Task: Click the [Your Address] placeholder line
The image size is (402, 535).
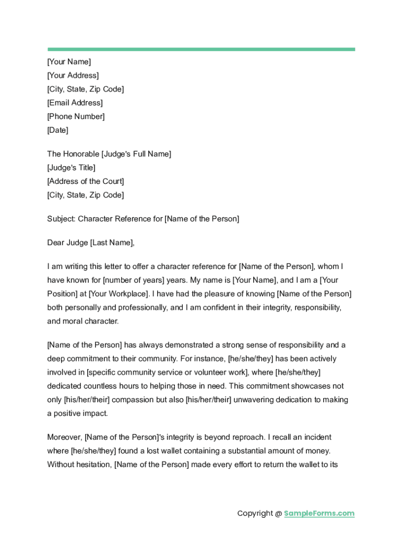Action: click(x=73, y=75)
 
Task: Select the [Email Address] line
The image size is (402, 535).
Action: click(x=75, y=102)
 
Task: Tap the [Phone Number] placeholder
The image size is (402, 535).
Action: click(x=76, y=116)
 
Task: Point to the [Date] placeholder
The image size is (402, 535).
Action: click(x=57, y=130)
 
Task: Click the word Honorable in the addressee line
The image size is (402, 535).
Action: click(x=81, y=154)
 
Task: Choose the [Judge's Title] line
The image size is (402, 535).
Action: click(x=71, y=168)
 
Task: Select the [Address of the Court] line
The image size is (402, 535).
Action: click(x=85, y=181)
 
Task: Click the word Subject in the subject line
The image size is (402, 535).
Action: click(x=61, y=219)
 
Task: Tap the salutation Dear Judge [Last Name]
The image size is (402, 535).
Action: click(x=91, y=242)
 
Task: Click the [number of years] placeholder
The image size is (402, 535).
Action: click(x=129, y=280)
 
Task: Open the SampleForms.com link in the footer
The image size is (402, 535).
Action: click(x=319, y=514)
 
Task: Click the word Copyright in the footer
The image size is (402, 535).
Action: click(x=255, y=514)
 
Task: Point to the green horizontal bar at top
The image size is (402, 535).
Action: click(x=201, y=50)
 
